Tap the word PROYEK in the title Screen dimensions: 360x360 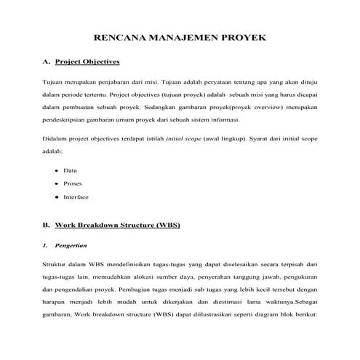click(x=243, y=36)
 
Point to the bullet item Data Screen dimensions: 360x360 click(x=71, y=170)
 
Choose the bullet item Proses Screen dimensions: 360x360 click(x=73, y=183)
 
